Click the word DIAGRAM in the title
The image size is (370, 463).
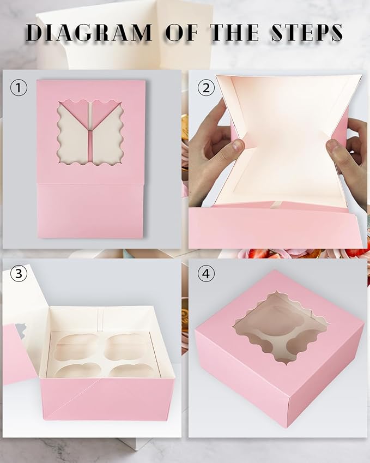[89, 33]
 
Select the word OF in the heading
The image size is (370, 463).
[183, 33]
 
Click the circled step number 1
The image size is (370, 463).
[19, 87]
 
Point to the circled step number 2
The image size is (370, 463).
[205, 87]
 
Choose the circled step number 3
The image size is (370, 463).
[19, 274]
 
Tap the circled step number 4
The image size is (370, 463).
[205, 274]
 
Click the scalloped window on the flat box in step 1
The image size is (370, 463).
[90, 132]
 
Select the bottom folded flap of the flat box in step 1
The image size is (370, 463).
[90, 210]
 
